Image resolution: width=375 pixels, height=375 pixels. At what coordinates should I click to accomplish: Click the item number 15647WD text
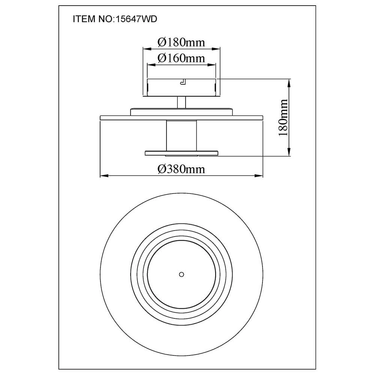(x=136, y=19)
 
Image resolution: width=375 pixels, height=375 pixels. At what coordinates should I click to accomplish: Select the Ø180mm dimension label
(x=181, y=42)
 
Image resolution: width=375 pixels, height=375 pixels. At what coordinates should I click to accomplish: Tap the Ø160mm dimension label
(x=181, y=58)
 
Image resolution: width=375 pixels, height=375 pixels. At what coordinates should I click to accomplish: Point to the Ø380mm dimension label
(x=181, y=169)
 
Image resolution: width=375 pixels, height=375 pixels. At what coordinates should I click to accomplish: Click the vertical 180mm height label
(x=283, y=117)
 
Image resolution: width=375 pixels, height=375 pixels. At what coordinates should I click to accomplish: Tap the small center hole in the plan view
(x=181, y=274)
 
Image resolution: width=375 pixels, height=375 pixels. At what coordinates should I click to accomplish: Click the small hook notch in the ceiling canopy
(x=183, y=82)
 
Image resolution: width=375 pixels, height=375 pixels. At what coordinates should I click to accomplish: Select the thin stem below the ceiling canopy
(x=181, y=102)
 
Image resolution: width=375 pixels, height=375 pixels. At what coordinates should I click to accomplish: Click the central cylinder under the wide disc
(x=181, y=136)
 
